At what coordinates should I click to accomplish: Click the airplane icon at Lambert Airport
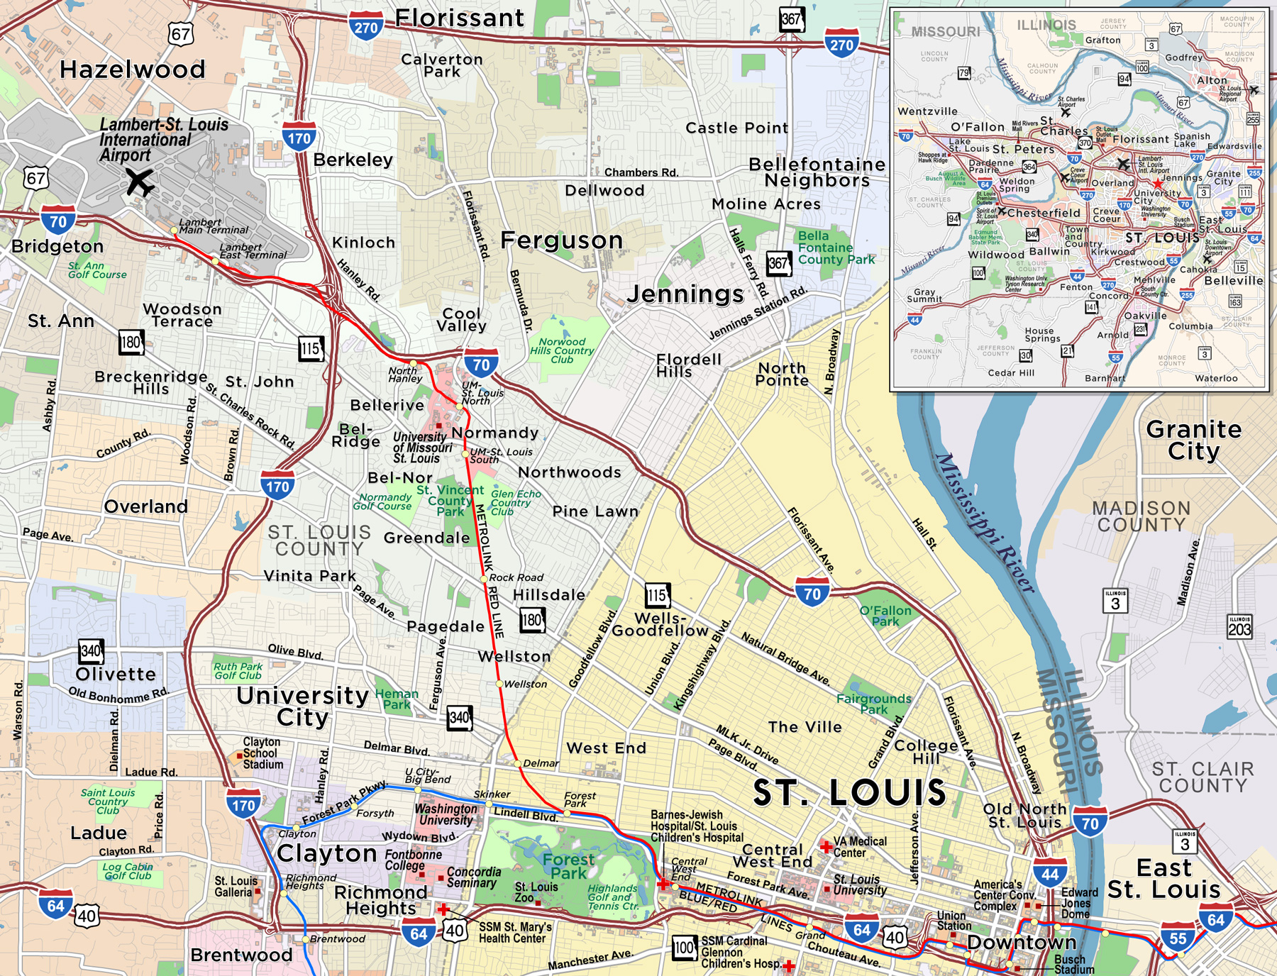pos(140,182)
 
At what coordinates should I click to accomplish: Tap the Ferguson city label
pos(561,240)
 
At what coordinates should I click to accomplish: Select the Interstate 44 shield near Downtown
pos(1050,874)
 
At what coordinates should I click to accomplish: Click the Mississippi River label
pos(985,523)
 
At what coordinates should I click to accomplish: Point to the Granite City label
pos(1194,440)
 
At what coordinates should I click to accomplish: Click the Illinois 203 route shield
pos(1239,626)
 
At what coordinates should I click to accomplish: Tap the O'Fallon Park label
pos(885,616)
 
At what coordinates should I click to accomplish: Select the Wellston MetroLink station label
pos(525,684)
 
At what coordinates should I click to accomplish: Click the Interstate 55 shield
pos(1177,938)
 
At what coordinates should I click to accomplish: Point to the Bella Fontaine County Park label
pos(835,248)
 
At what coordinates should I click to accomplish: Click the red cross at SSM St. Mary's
pos(443,909)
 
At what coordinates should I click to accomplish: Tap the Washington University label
pos(446,814)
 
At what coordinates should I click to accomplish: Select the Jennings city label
pos(685,294)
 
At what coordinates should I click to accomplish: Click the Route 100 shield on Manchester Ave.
pos(684,947)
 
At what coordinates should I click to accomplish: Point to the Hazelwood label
pos(133,70)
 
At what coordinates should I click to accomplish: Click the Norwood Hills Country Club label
pos(562,350)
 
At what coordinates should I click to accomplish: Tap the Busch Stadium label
pos(1073,965)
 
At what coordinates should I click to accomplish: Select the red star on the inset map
pos(1157,184)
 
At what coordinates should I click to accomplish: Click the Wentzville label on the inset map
pos(927,111)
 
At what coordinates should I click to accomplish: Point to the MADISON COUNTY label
pos(1141,516)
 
